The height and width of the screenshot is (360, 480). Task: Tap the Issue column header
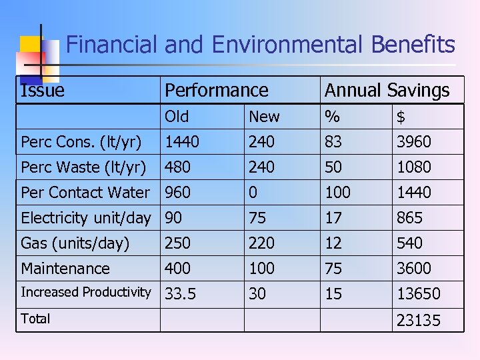coord(43,90)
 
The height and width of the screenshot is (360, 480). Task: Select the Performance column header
coord(216,90)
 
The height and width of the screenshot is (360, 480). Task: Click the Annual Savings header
coord(387,90)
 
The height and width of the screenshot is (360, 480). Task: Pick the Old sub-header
coord(177,117)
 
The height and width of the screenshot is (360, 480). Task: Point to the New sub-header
coord(264,117)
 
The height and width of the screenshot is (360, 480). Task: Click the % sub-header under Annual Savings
coord(331,117)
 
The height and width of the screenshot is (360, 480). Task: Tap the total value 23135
coord(418,321)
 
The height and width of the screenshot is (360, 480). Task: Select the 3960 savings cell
coord(414,141)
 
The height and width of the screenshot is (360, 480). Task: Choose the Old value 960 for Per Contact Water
coord(177,192)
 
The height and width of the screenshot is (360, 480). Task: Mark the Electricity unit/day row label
coord(86,218)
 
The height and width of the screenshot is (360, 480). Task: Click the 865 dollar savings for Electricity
coord(409,218)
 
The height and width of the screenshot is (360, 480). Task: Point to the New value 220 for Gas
coord(261,243)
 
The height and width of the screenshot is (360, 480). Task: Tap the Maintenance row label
coord(65,269)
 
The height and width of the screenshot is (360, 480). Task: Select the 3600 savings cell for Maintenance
coord(414,269)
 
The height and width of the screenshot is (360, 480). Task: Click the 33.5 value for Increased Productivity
coord(180,294)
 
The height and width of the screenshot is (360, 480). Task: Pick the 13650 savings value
coord(418,294)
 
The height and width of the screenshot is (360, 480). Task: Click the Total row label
coord(35,319)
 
